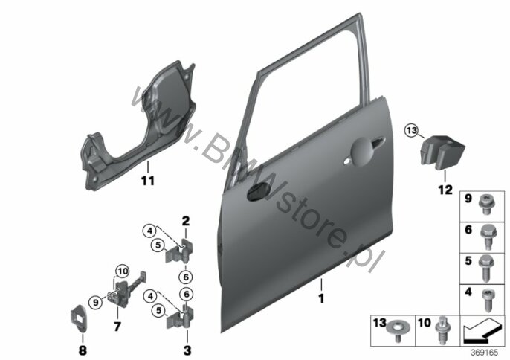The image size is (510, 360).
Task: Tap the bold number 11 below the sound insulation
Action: click(147, 179)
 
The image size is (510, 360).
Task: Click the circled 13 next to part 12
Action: click(411, 132)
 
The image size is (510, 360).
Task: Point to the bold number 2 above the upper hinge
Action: click(186, 220)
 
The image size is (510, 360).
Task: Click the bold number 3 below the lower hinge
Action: click(186, 348)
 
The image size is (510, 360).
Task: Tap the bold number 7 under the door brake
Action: click(117, 327)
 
